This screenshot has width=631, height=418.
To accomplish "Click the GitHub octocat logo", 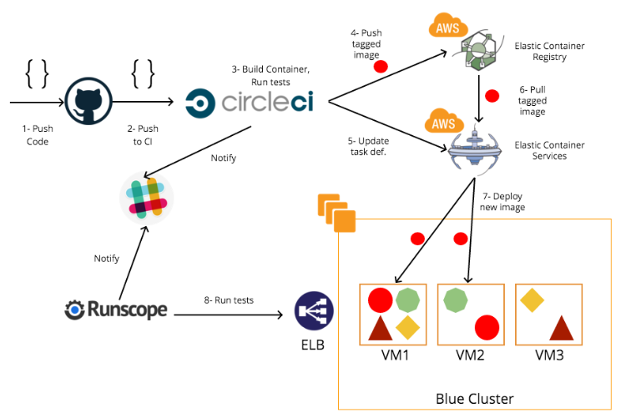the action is click(x=88, y=101).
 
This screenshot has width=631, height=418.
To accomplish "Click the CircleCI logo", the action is click(x=249, y=103).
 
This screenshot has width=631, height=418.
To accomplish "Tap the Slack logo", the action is click(x=147, y=199).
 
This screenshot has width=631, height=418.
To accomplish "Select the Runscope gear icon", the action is click(x=74, y=310).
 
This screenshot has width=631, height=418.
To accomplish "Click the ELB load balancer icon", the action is click(x=314, y=310).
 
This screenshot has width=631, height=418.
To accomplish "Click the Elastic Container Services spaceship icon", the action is click(x=475, y=149).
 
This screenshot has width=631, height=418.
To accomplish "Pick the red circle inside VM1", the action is click(x=381, y=300).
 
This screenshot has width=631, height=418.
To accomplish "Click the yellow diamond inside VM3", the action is click(x=532, y=300).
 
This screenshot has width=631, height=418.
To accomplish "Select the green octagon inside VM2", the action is click(x=456, y=300).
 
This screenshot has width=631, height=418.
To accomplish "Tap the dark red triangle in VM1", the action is click(x=381, y=328).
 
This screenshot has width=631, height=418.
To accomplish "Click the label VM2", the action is click(x=470, y=355).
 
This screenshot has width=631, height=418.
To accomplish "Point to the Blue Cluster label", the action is click(x=474, y=399).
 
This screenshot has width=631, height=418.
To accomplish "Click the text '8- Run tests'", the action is click(x=229, y=300).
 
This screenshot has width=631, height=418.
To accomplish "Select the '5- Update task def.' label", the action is click(x=368, y=147).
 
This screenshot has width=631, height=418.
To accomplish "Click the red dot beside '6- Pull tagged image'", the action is click(x=492, y=96).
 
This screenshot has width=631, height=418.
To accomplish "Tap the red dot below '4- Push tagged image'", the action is click(x=381, y=67).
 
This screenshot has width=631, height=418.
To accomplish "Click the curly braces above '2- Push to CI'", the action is click(x=143, y=74).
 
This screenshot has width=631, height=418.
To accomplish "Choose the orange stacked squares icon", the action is click(x=336, y=213).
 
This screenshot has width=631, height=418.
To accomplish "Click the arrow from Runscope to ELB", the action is click(x=229, y=315).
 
